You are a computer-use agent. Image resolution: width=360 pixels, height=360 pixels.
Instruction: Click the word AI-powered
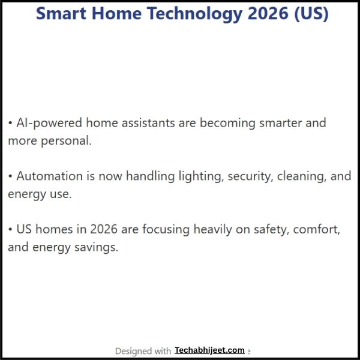49,123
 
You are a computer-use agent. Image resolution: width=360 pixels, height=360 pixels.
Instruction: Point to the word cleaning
304,176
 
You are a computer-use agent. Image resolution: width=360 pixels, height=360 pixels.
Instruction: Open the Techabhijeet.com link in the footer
209,350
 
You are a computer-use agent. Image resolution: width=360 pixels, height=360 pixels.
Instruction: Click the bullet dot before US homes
10,229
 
